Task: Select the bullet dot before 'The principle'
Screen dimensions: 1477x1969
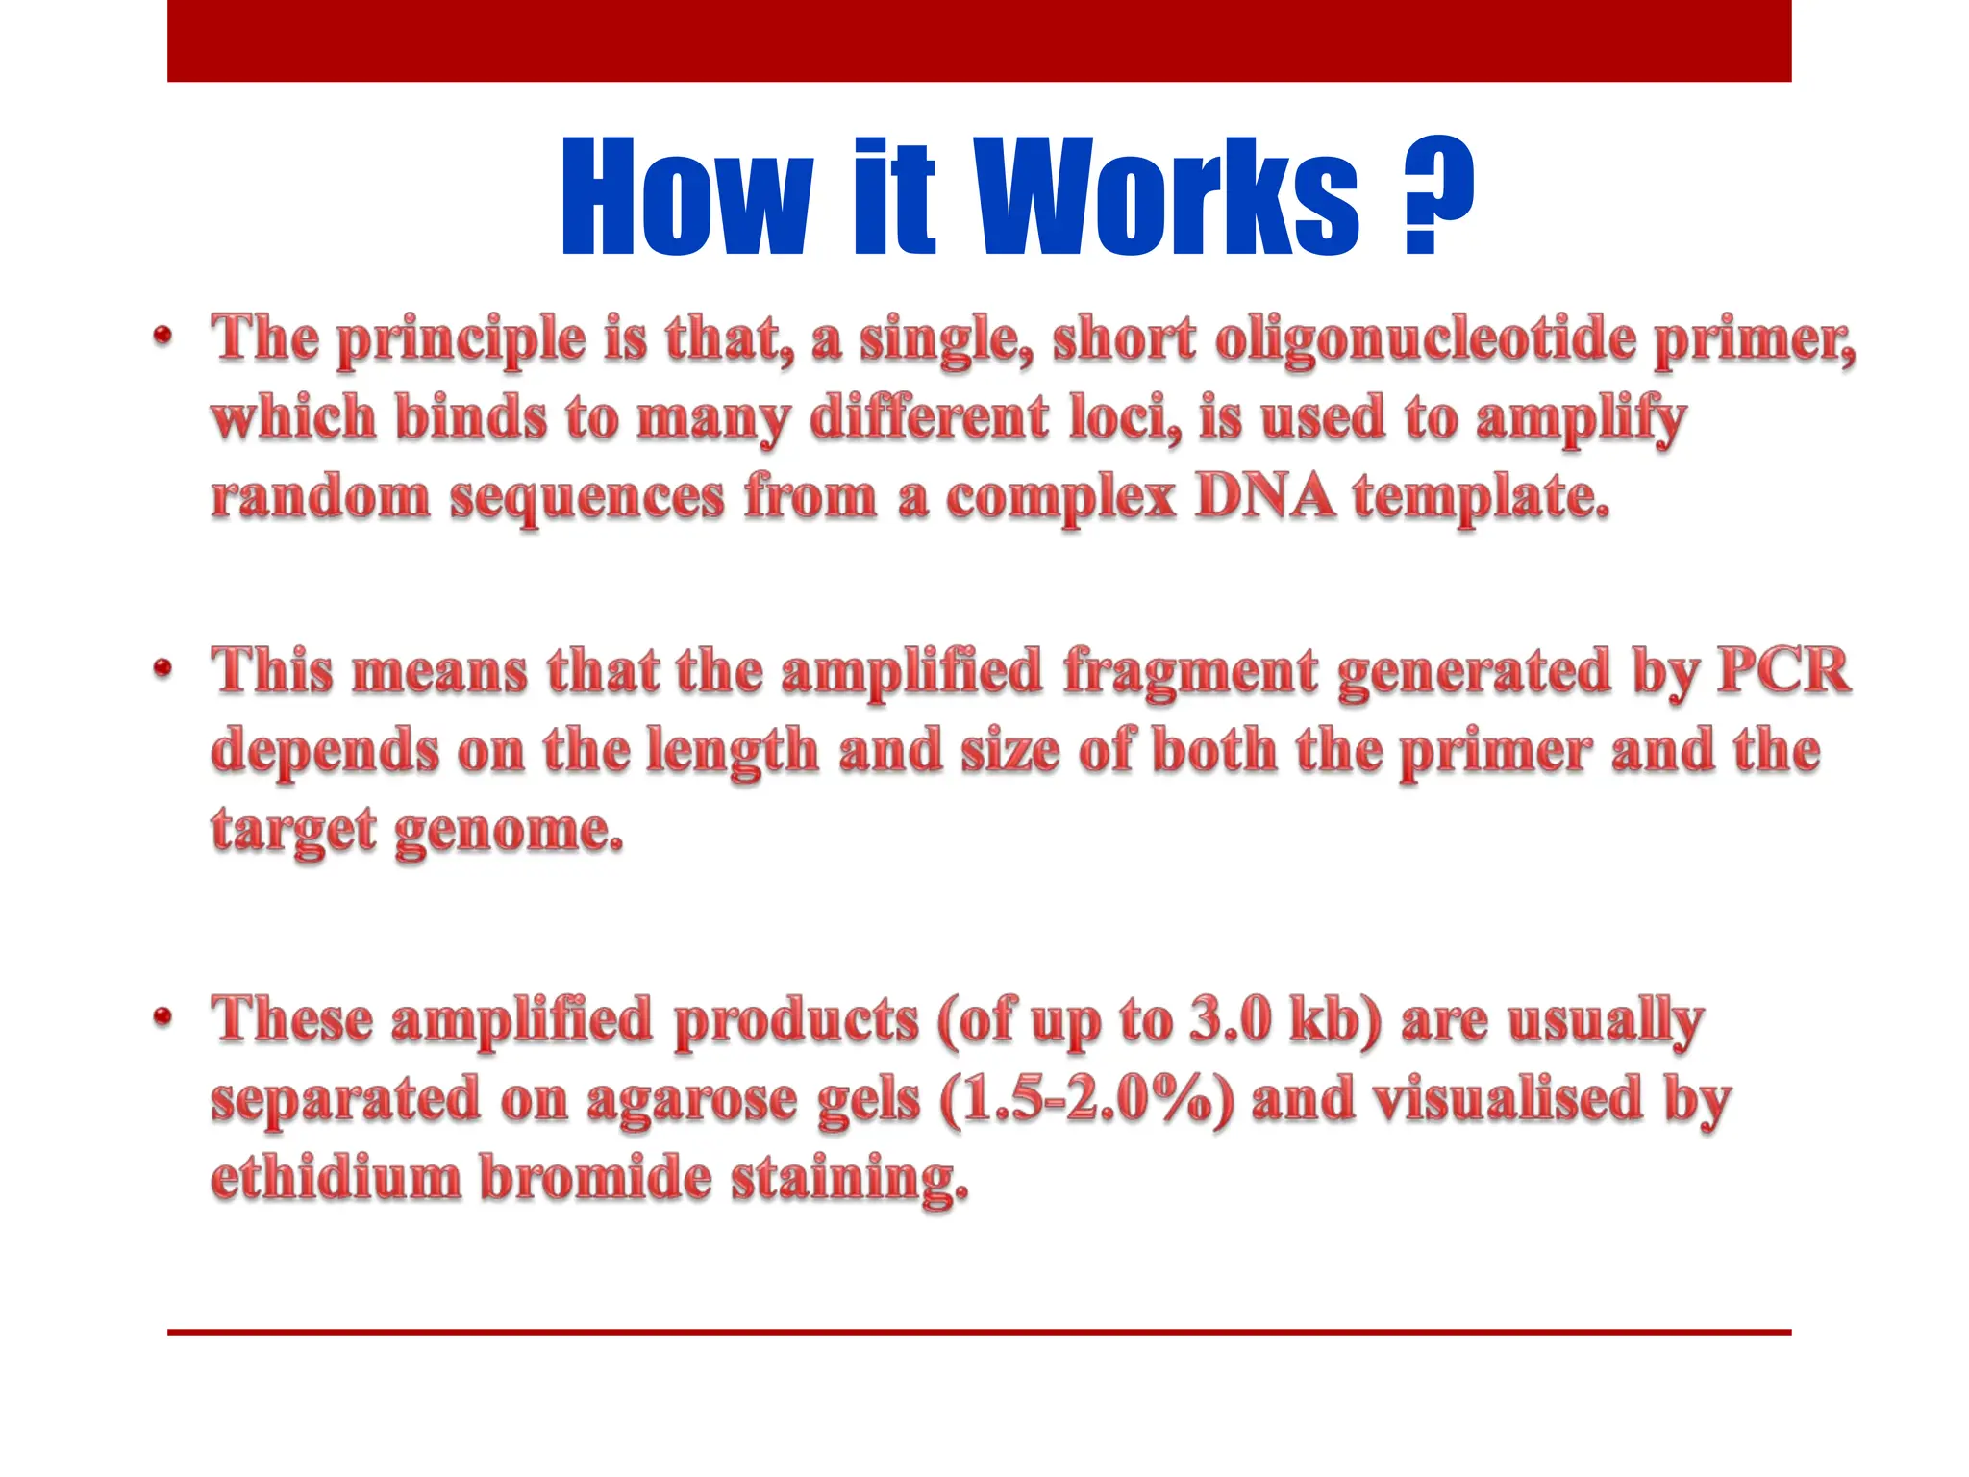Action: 162,336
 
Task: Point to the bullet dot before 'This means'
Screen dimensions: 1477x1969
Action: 162,667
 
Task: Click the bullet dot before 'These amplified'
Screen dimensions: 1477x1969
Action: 162,1016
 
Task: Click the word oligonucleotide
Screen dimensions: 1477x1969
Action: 1425,340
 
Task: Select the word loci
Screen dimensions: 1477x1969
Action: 1125,419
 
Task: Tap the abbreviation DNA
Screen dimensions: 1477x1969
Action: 1265,497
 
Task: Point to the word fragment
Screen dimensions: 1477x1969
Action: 1190,672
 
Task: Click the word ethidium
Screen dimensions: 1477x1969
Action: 336,1178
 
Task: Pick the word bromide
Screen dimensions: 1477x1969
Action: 595,1178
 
